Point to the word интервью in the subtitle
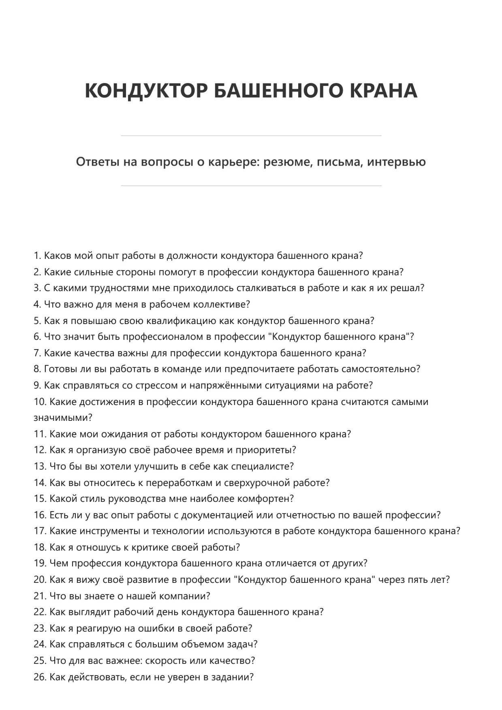[x=396, y=162]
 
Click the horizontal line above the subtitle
[x=251, y=136]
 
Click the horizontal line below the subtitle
[x=251, y=186]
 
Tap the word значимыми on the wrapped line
[x=62, y=418]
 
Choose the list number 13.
[x=40, y=467]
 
